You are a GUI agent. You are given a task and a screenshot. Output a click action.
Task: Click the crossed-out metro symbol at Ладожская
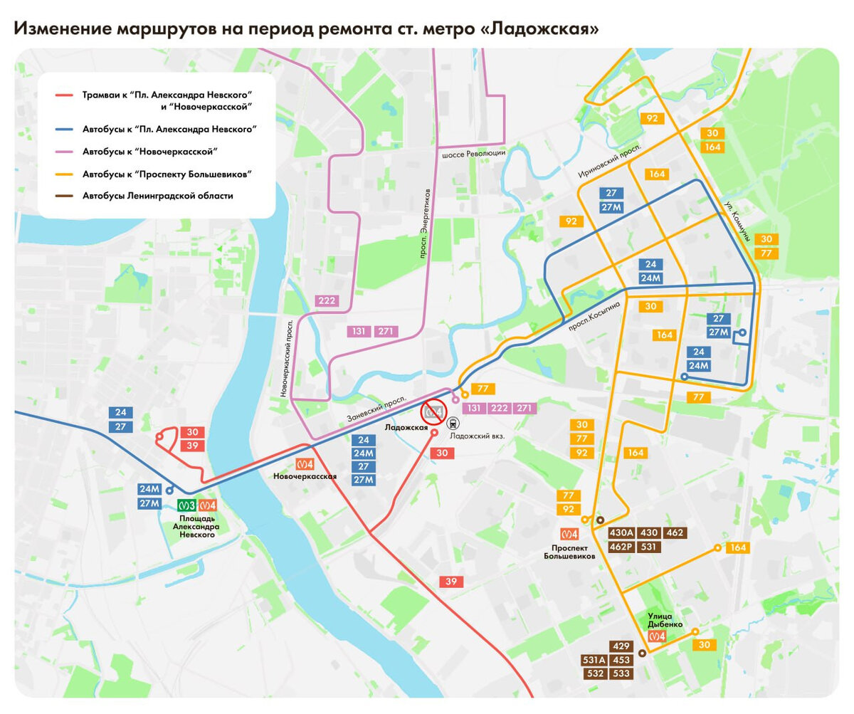point(433,411)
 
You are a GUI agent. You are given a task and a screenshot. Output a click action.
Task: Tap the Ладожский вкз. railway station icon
point(453,421)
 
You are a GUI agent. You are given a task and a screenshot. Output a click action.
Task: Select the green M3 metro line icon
point(187,505)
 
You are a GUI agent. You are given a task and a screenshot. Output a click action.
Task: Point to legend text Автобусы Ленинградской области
point(157,196)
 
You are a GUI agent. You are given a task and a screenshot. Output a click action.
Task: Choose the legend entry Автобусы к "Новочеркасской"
point(149,152)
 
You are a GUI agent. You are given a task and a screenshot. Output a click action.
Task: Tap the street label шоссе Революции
point(473,154)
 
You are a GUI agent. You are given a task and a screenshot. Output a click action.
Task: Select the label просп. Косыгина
point(595,315)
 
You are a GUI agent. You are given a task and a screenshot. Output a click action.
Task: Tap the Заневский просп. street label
point(376,408)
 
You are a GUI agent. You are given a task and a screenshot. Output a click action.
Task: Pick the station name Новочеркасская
point(305,476)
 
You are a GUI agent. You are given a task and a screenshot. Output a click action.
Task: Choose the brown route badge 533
point(621,673)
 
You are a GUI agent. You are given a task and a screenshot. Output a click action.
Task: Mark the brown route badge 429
point(621,646)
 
